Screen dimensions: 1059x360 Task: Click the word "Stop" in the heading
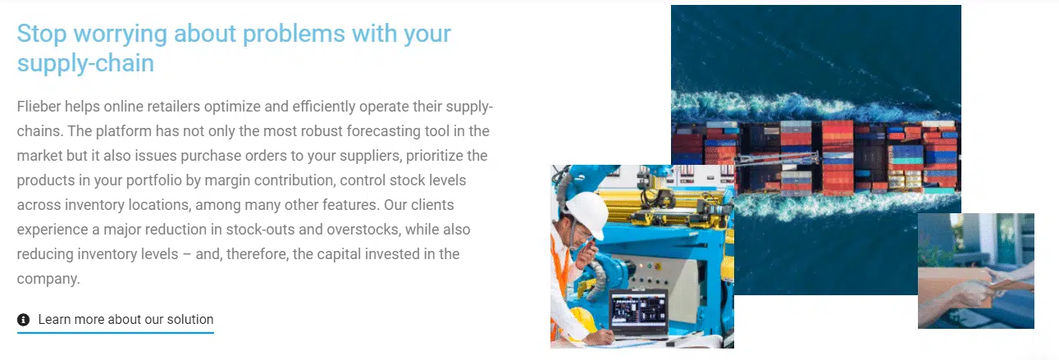pyautogui.click(x=42, y=34)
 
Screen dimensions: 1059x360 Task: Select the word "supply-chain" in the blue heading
pyautogui.click(x=85, y=64)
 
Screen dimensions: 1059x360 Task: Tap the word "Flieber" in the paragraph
pyautogui.click(x=39, y=107)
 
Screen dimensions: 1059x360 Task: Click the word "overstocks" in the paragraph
pyautogui.click(x=363, y=230)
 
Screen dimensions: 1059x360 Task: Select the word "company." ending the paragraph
pyautogui.click(x=48, y=279)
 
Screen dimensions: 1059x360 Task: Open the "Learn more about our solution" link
pyautogui.click(x=126, y=319)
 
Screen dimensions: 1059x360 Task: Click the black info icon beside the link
pyautogui.click(x=23, y=320)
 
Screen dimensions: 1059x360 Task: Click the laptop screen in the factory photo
pyautogui.click(x=638, y=309)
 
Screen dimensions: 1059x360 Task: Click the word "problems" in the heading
pyautogui.click(x=294, y=34)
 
